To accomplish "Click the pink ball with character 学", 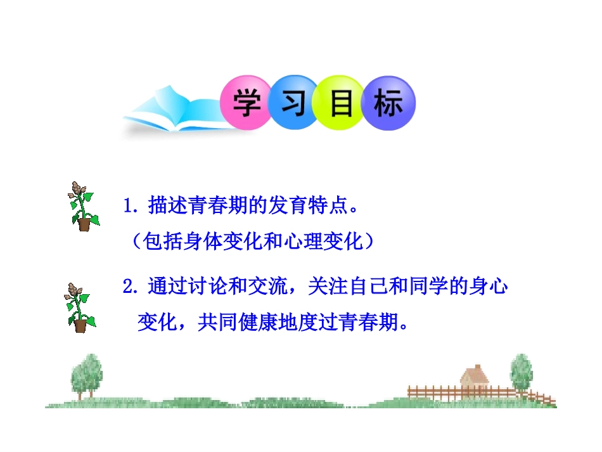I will point(246,103).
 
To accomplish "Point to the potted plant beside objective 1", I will point(82,206).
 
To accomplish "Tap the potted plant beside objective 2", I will point(80,307).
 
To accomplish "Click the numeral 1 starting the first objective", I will point(129,207).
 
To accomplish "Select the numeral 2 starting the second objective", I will point(129,287).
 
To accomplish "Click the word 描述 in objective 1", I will point(167,207).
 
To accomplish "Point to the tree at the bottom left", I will point(85,375).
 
